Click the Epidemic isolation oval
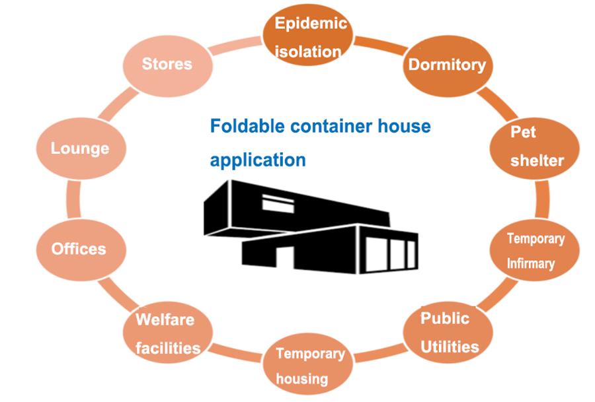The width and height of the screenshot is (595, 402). [x=311, y=37]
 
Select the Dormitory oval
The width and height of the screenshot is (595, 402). [x=447, y=65]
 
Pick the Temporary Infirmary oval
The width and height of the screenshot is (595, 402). [x=535, y=250]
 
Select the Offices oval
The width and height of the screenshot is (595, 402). [x=79, y=249]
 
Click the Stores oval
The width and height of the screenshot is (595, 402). [x=167, y=63]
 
